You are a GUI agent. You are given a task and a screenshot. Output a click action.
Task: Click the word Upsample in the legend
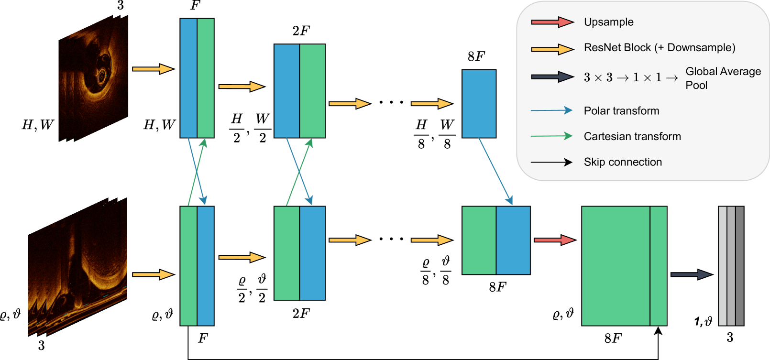pos(608,22)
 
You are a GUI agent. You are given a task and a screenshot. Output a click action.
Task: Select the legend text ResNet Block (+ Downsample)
pos(659,48)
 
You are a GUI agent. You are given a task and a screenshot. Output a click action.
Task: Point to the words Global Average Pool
pos(722,78)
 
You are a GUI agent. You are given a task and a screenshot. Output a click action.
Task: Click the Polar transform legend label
pos(621,111)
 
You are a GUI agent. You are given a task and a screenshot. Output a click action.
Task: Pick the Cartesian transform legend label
pos(632,136)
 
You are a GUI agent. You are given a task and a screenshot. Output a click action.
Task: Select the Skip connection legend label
pos(622,162)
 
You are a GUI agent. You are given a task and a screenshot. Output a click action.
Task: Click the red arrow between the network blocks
pos(554,240)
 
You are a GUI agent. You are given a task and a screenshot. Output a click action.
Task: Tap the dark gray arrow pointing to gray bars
pos(691,274)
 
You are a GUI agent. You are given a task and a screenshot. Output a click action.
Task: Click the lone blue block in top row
pos(479,104)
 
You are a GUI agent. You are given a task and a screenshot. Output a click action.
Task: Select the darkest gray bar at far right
pos(739,266)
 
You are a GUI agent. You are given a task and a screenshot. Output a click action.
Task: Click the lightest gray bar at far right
pos(723,266)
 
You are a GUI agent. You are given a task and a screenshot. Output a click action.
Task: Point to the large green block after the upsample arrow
pos(616,266)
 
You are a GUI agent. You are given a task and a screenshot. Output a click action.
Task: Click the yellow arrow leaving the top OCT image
pos(152,69)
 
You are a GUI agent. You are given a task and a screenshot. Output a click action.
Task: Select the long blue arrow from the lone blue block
pos(495,171)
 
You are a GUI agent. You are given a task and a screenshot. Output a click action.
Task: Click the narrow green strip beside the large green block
pos(659,266)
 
